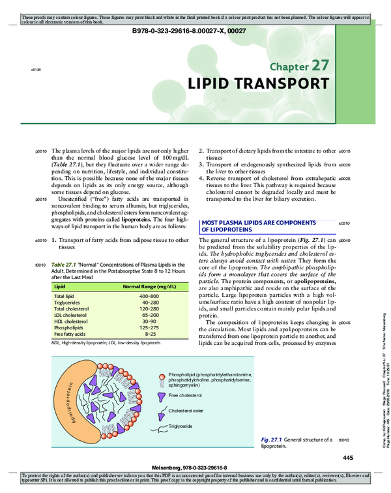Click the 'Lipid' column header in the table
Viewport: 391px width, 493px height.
[59, 286]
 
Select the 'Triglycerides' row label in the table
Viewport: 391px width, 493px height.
[67, 303]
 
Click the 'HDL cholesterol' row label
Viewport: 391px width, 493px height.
[71, 321]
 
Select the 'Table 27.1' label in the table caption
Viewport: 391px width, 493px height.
[64, 265]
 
